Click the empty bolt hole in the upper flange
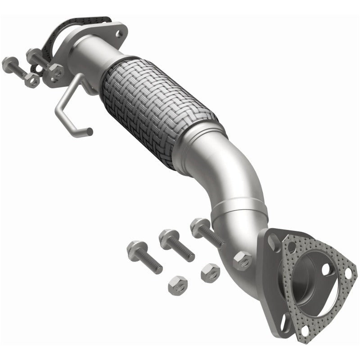(119, 33)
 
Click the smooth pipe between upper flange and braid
(97, 54)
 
